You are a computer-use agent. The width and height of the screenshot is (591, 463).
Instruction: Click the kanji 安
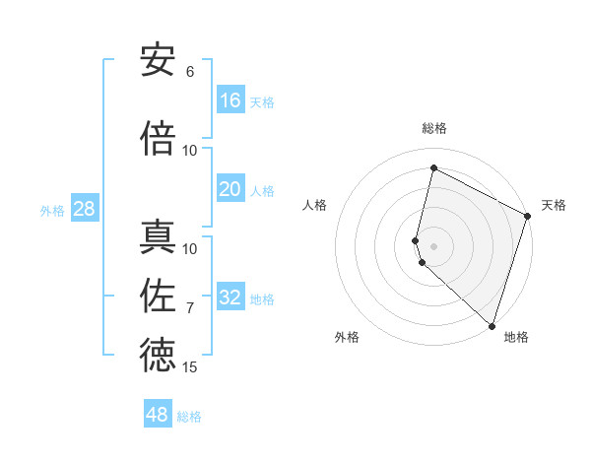[x=158, y=61]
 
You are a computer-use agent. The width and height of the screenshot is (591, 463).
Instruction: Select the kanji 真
[x=158, y=237]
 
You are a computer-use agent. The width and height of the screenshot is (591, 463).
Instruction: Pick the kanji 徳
[x=158, y=356]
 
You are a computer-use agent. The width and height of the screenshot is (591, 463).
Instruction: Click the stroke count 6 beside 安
[x=190, y=72]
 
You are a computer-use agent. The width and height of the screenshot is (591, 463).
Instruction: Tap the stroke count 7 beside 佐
[x=190, y=308]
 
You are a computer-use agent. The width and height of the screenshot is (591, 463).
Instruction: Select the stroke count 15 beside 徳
[x=190, y=367]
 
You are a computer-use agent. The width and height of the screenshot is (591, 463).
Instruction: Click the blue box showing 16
[x=230, y=100]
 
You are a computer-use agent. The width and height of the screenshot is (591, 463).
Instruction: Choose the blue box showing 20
[x=230, y=189]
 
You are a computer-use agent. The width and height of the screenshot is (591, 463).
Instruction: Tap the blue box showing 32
[x=230, y=298]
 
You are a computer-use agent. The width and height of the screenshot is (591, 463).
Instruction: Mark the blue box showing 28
[x=84, y=209]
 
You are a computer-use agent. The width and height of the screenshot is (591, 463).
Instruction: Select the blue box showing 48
[x=158, y=415]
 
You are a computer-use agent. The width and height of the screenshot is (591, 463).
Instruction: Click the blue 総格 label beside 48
[x=189, y=417]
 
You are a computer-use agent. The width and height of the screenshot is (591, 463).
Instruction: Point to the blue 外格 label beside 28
[x=52, y=211]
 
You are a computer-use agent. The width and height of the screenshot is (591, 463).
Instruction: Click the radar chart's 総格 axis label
[x=433, y=128]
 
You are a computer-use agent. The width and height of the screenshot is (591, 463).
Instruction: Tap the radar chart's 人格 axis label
[x=314, y=205]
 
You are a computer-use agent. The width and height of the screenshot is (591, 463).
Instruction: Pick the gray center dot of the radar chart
[x=433, y=244]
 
